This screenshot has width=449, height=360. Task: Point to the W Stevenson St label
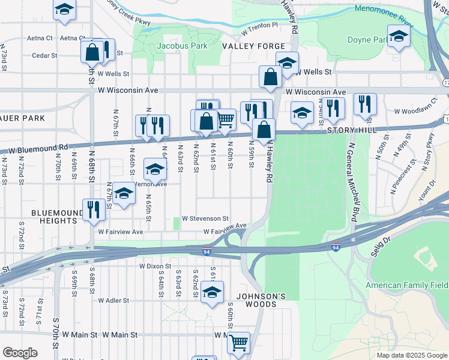205,218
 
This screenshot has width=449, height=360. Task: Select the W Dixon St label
155,265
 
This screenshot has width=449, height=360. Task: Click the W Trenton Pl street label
260,26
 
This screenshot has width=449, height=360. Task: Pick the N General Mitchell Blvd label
352,180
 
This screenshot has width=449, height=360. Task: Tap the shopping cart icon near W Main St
239,343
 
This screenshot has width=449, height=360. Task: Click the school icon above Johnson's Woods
211,292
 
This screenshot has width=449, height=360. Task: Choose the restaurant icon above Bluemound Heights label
93,209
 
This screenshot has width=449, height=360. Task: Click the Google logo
20,353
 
